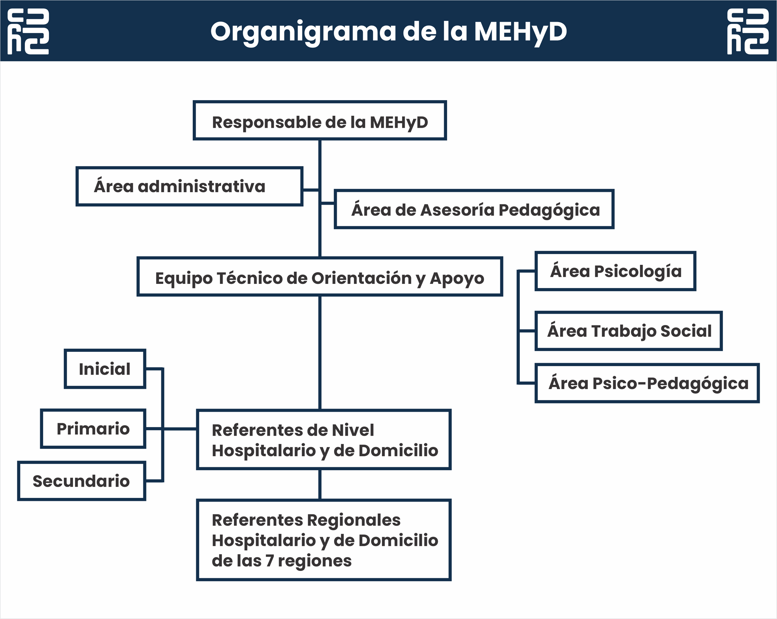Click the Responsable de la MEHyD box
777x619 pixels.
click(320, 120)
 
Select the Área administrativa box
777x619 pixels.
click(189, 186)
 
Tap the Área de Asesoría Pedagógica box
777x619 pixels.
click(474, 209)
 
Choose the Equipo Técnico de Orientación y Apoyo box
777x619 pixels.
click(320, 276)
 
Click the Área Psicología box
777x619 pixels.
click(615, 271)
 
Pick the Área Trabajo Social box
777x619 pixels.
click(629, 331)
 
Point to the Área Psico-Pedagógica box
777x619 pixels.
click(647, 383)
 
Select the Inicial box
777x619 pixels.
click(105, 369)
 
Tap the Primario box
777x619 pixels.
click(93, 429)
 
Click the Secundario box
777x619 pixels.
click(82, 481)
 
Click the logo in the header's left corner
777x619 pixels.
click(28, 31)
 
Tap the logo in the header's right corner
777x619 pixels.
click(748, 31)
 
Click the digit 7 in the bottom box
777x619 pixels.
click(270, 561)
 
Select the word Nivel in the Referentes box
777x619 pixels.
click(354, 430)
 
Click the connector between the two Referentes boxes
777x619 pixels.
click(320, 485)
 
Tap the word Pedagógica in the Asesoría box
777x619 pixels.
click(549, 210)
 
